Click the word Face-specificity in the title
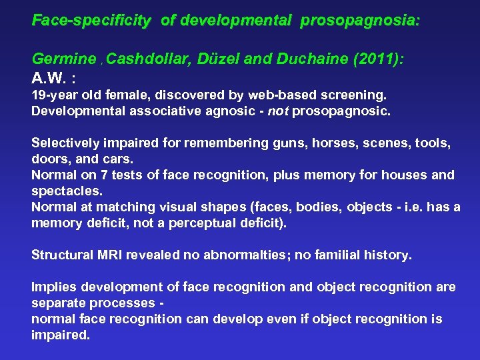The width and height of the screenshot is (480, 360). pos(91,21)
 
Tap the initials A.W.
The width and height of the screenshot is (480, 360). pos(51,75)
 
